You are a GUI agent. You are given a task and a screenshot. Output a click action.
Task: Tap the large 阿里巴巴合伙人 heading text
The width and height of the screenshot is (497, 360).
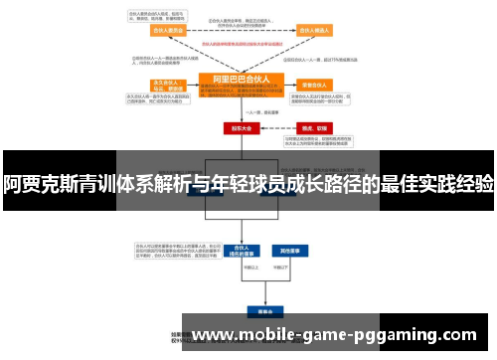(242, 78)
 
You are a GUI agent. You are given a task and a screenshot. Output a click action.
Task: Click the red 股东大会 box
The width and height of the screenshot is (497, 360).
(241, 128)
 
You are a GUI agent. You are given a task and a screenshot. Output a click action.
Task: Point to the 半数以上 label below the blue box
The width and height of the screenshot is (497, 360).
(240, 267)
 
